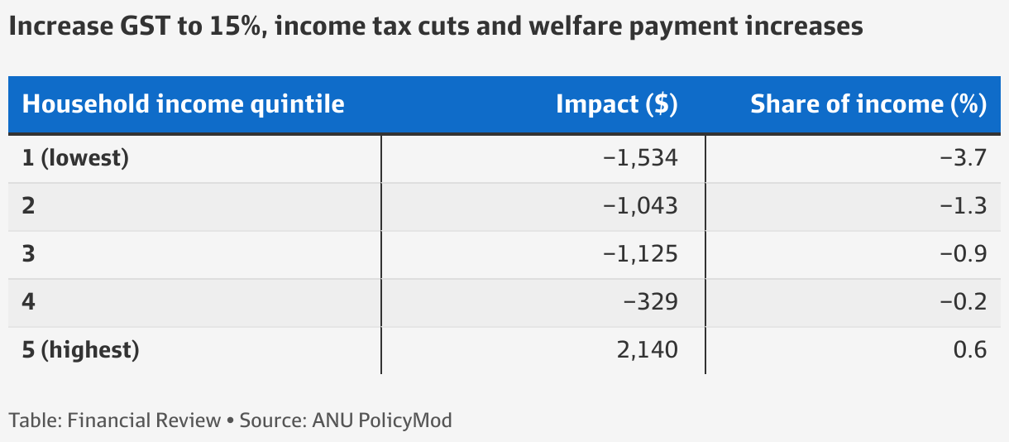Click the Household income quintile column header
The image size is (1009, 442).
pyautogui.click(x=183, y=105)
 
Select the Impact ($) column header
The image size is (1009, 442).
pyautogui.click(x=616, y=105)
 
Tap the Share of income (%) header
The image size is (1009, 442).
pyautogui.click(x=868, y=105)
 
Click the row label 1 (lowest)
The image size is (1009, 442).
pyautogui.click(x=75, y=158)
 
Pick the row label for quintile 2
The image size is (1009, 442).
pyautogui.click(x=29, y=206)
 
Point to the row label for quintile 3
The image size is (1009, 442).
pyautogui.click(x=29, y=254)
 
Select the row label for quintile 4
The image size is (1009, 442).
pyautogui.click(x=29, y=302)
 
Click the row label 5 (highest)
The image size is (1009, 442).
pyautogui.click(x=80, y=350)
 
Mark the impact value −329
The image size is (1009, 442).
pyautogui.click(x=652, y=302)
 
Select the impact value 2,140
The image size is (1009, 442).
pyautogui.click(x=646, y=350)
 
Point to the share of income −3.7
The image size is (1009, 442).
pyautogui.click(x=964, y=158)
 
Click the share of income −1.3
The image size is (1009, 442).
pyautogui.click(x=964, y=206)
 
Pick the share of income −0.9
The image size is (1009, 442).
pyautogui.click(x=964, y=254)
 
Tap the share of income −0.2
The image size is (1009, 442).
pyautogui.click(x=964, y=302)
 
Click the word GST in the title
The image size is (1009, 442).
pyautogui.click(x=135, y=26)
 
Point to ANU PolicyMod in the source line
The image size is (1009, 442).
pyautogui.click(x=382, y=420)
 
